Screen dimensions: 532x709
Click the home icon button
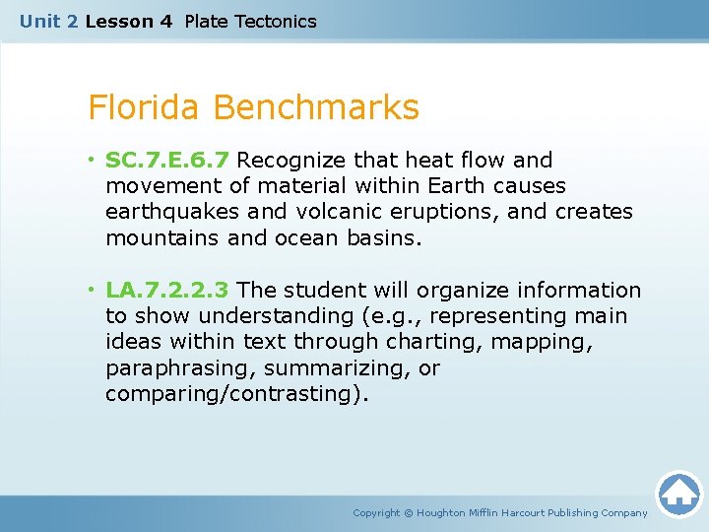coord(678,494)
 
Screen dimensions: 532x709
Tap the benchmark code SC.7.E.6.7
coord(168,160)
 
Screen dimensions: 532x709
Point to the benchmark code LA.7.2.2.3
coord(167,290)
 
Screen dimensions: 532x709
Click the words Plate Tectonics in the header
coord(250,21)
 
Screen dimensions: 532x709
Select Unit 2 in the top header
coord(49,21)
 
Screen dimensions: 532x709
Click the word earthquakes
coord(174,212)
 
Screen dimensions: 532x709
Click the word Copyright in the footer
coord(377,512)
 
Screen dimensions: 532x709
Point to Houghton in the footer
coord(440,512)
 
